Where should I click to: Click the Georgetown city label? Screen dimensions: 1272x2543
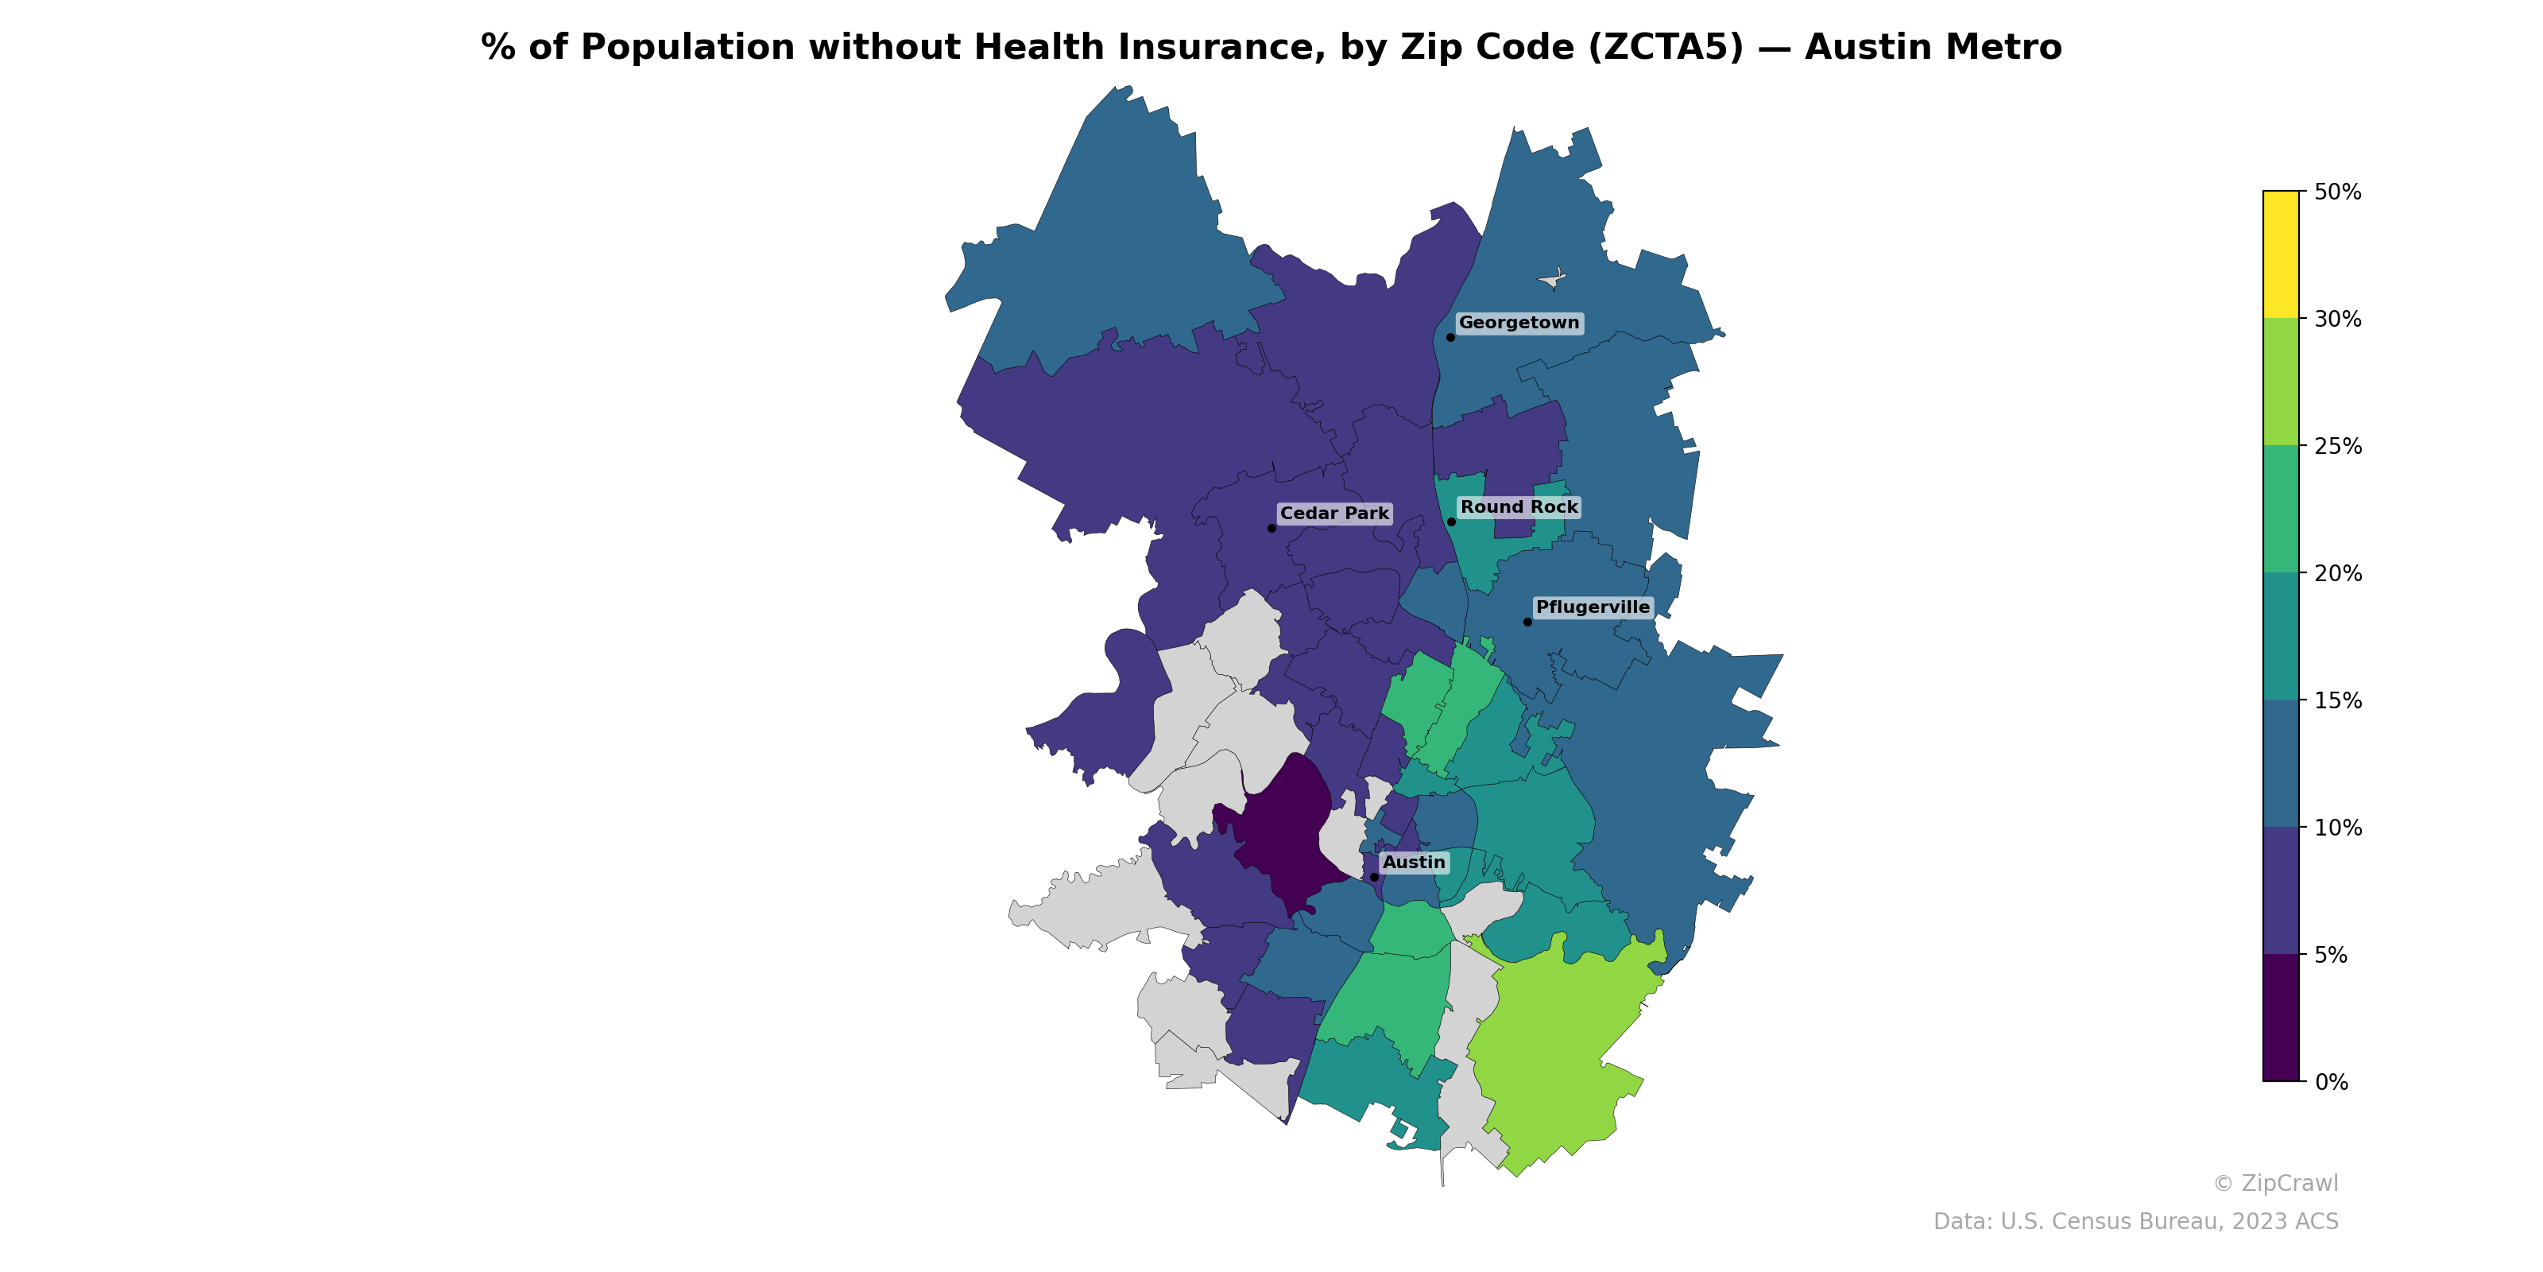tap(1519, 323)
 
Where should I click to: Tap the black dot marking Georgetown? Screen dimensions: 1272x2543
tap(1450, 338)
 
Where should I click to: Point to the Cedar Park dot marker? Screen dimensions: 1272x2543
tap(1271, 529)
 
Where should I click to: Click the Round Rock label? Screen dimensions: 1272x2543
tap(1519, 508)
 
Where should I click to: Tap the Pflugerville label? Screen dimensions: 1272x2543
tap(1593, 607)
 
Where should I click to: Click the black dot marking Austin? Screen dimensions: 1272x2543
tap(1374, 877)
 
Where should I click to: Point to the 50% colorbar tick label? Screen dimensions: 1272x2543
tap(2336, 192)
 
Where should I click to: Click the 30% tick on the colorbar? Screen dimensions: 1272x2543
tap(2336, 319)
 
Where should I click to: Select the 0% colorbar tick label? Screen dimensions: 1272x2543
tap(2331, 1082)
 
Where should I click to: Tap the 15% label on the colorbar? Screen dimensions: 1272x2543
tap(2336, 701)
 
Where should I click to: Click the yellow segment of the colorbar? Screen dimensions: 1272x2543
tap(2281, 254)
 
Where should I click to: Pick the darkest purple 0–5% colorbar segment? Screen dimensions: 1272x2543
tap(2281, 1018)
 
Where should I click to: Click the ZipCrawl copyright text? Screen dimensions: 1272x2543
tap(2274, 1183)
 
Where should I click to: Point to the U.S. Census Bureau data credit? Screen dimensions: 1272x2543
tap(2135, 1222)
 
